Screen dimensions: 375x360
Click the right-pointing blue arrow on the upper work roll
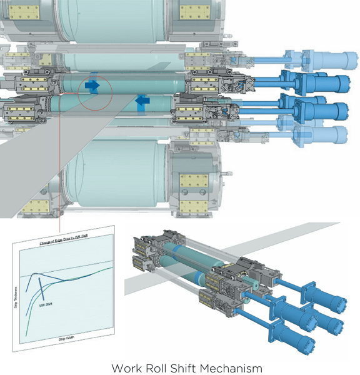click(92, 86)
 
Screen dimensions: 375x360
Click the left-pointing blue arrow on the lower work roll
click(142, 100)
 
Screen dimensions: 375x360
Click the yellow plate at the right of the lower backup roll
click(192, 185)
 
